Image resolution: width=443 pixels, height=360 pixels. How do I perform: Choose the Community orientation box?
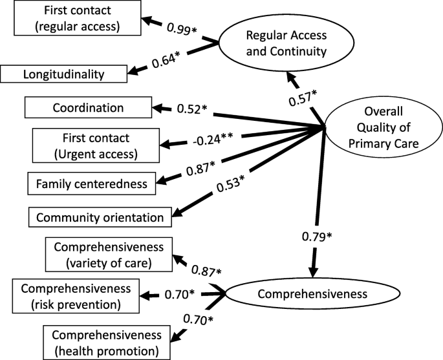tap(100, 217)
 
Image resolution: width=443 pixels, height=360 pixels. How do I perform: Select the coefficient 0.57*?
tap(303, 97)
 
